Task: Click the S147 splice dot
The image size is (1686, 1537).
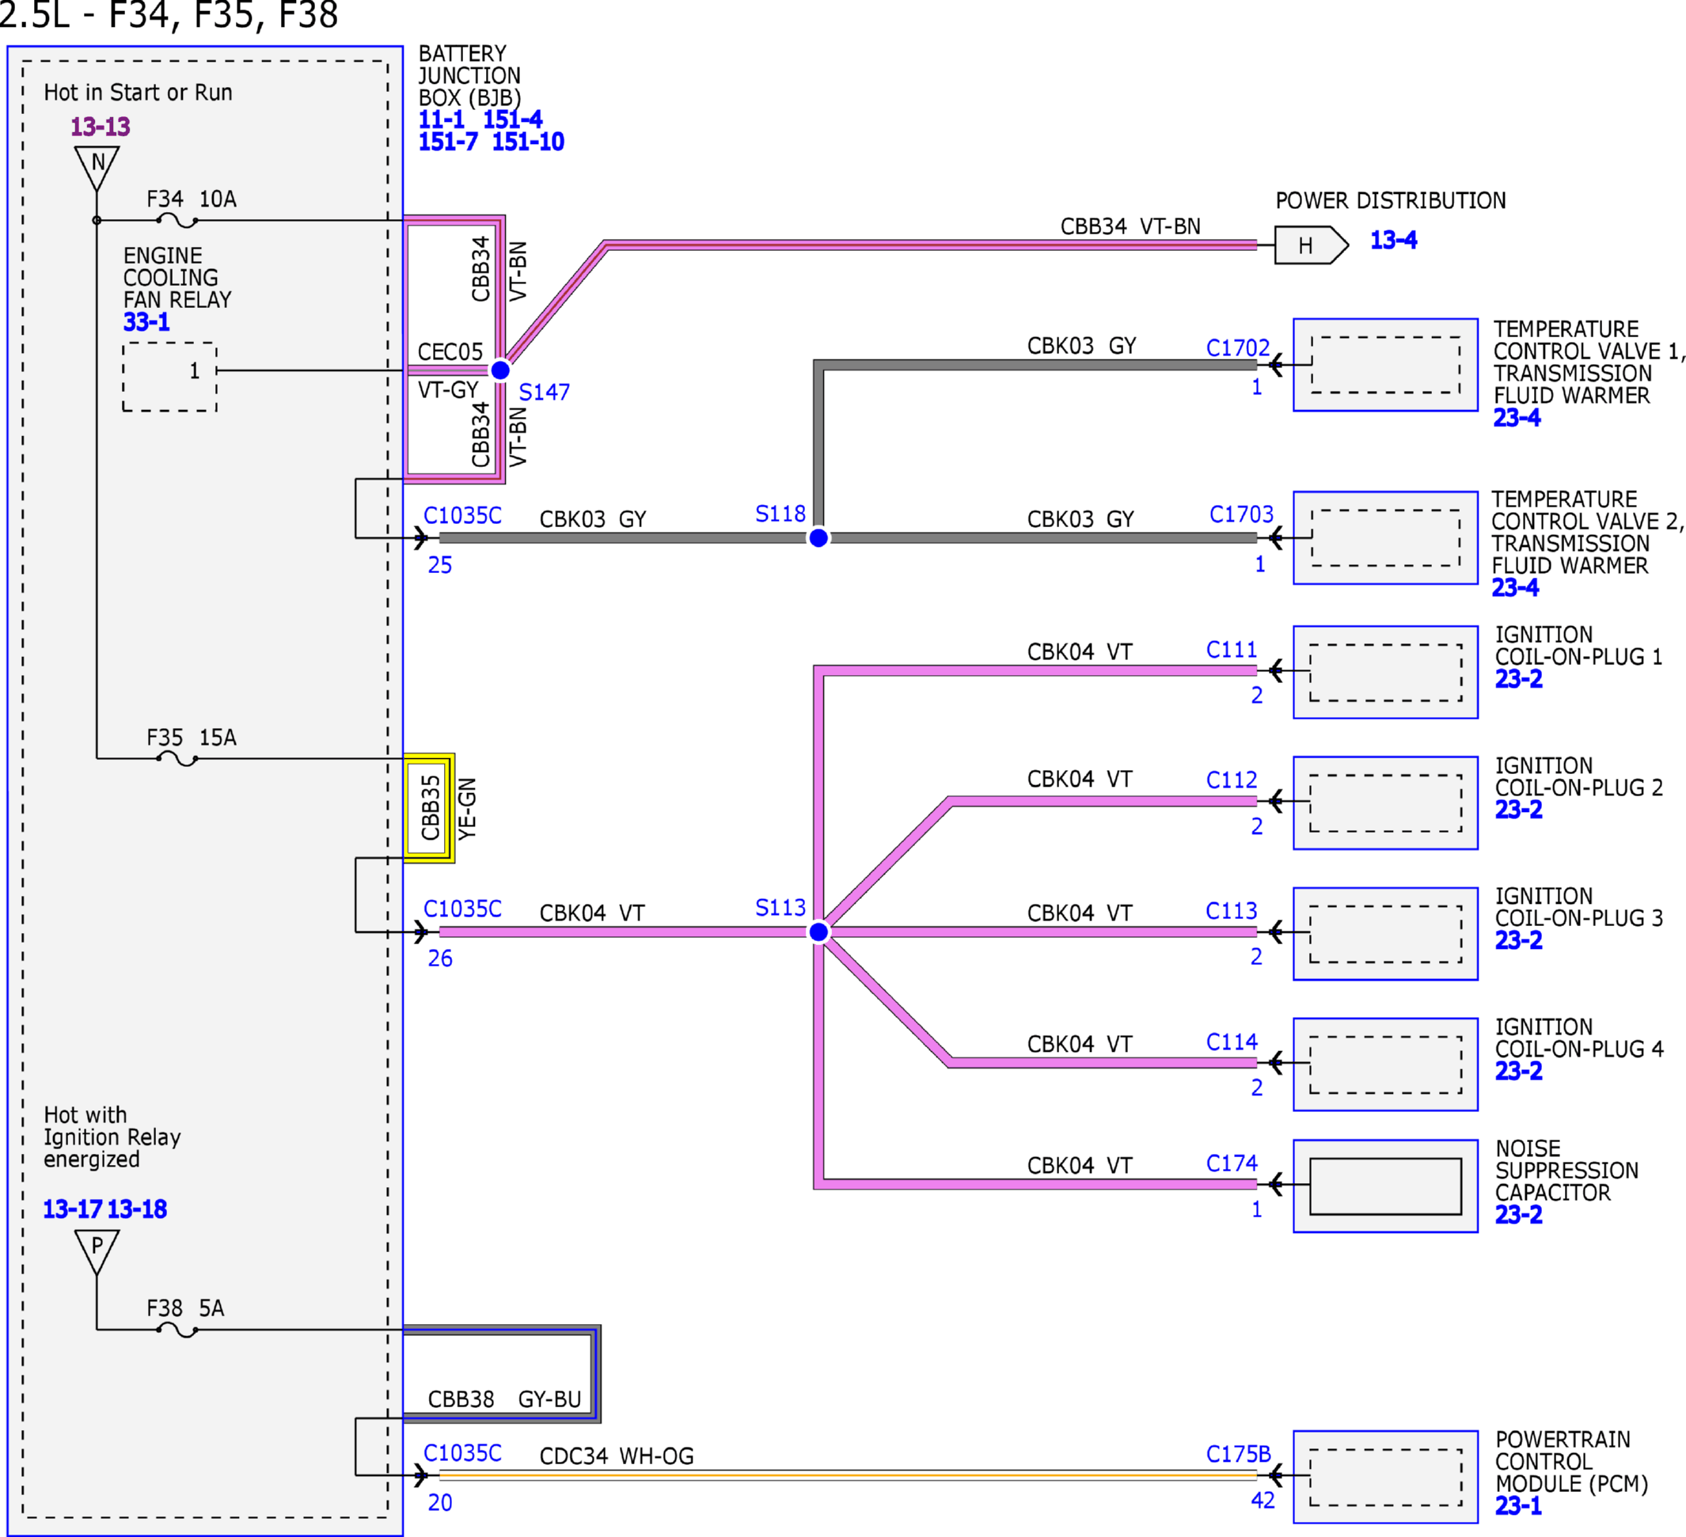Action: pos(500,370)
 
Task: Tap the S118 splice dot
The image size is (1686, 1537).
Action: pos(818,537)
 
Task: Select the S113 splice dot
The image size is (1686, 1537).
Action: pos(818,932)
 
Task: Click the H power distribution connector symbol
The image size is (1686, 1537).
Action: pos(1312,245)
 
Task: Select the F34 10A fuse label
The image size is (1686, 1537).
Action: pos(192,199)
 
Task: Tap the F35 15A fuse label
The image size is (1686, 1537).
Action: pos(192,738)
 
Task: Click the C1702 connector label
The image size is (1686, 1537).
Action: pos(1238,347)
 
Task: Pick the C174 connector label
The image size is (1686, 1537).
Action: pos(1232,1163)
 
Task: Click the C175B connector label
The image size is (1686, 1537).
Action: pos(1239,1454)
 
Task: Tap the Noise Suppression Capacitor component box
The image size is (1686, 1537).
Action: pos(1386,1186)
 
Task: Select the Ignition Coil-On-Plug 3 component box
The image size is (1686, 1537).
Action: pos(1386,933)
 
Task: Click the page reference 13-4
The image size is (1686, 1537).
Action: pos(1393,240)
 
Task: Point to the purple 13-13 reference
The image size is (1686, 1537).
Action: pos(101,127)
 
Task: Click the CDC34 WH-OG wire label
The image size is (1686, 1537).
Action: pos(617,1456)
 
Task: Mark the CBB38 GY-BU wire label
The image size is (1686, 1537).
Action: pos(504,1399)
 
